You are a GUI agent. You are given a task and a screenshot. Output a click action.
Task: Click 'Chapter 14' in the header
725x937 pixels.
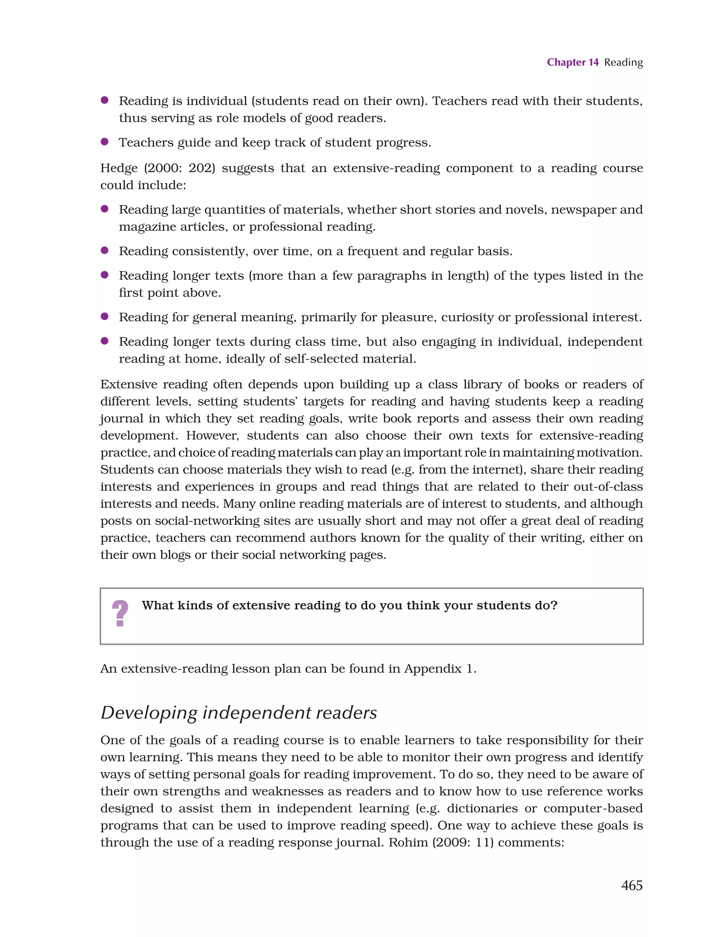[x=572, y=62]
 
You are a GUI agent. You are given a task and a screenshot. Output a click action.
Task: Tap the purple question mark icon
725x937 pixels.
[x=120, y=613]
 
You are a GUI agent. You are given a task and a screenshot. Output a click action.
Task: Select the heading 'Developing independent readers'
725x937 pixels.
[x=239, y=712]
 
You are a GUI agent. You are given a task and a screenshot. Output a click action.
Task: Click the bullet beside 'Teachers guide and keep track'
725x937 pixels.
[x=104, y=142]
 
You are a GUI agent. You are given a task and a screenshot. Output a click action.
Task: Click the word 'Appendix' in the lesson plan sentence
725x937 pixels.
[x=433, y=669]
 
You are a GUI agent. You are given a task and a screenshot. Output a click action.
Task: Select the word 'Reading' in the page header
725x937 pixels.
[x=623, y=62]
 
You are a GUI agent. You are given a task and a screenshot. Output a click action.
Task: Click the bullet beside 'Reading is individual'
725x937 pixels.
[x=104, y=100]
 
